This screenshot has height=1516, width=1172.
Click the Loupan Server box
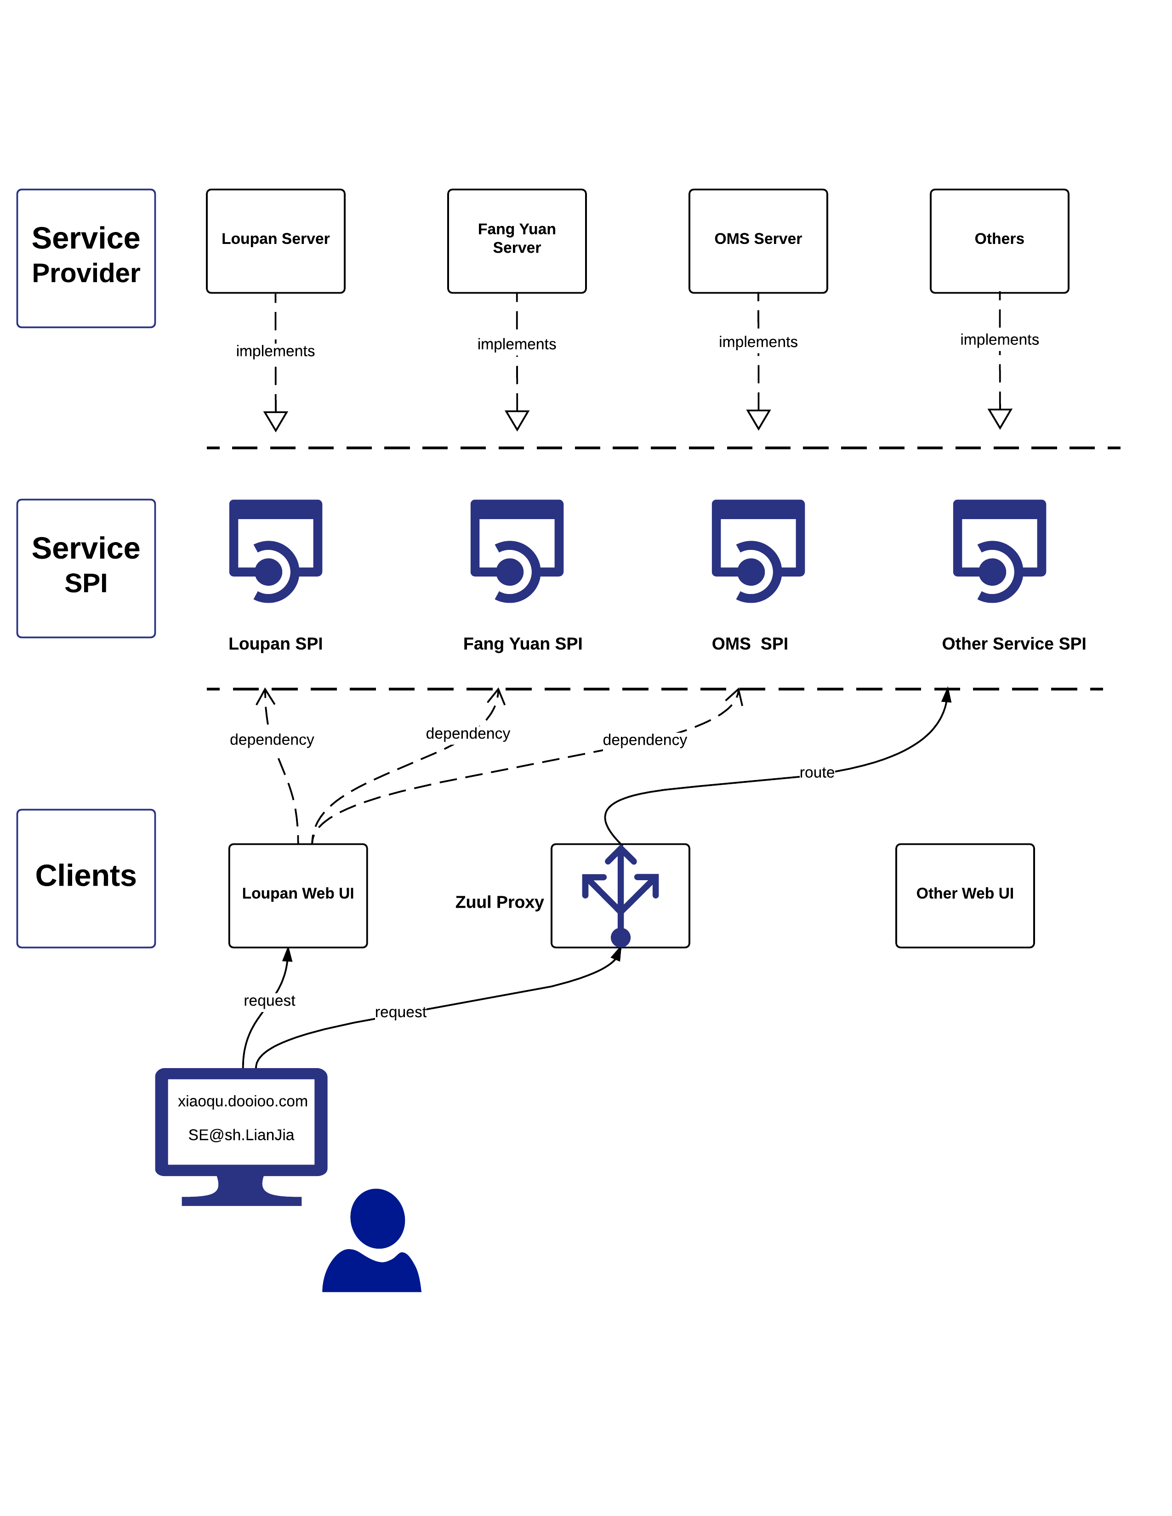(x=276, y=241)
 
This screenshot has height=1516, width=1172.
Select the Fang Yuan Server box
(x=517, y=241)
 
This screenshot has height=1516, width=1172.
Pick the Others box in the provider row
(x=999, y=241)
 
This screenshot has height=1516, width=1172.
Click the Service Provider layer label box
(x=86, y=258)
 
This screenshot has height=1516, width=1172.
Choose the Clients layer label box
(x=86, y=878)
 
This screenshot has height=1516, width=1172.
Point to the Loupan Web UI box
(x=298, y=895)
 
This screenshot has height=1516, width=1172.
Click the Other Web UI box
(x=964, y=895)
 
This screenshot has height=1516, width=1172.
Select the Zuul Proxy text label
(x=499, y=902)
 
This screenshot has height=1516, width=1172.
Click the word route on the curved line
(x=817, y=773)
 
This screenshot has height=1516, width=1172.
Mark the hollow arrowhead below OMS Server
(x=758, y=419)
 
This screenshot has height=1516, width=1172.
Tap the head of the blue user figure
(x=378, y=1218)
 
